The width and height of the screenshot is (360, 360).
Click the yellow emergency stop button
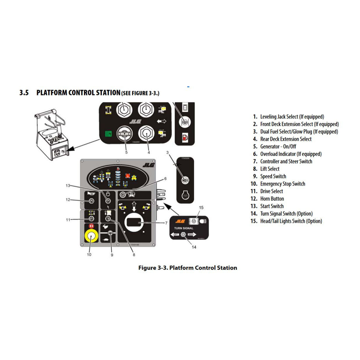(x=91, y=236)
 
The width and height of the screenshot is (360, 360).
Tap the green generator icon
(x=109, y=134)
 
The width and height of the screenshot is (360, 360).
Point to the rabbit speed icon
(x=106, y=226)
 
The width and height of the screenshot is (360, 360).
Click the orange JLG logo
(x=180, y=221)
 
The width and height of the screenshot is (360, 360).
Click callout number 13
(x=68, y=186)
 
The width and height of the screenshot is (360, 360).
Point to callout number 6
(x=165, y=179)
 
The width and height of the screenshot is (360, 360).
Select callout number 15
(x=201, y=207)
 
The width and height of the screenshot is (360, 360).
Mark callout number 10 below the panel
(x=89, y=254)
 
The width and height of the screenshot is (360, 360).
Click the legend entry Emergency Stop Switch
(x=282, y=184)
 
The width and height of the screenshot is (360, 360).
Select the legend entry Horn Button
(x=272, y=199)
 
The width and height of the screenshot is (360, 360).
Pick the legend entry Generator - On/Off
(x=278, y=146)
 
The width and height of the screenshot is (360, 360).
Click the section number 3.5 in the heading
(x=24, y=93)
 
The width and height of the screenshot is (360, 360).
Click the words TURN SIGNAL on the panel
(x=184, y=228)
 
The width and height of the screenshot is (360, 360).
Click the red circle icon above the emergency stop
(x=91, y=226)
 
